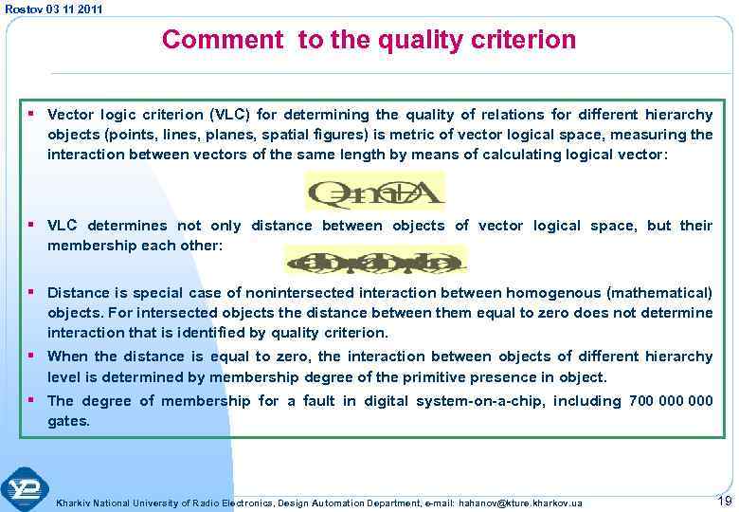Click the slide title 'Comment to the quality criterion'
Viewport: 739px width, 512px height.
pyautogui.click(x=369, y=40)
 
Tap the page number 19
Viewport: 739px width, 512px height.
pyautogui.click(x=725, y=500)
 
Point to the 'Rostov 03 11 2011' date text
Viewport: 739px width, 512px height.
pyautogui.click(x=54, y=9)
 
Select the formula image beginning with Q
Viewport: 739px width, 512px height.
pyautogui.click(x=373, y=192)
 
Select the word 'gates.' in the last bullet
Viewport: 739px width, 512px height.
pyautogui.click(x=69, y=420)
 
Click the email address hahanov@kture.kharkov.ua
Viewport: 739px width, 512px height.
pyautogui.click(x=520, y=503)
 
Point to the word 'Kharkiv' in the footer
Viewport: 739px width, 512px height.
pyautogui.click(x=73, y=503)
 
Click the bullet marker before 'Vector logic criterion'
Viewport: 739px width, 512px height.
pyautogui.click(x=34, y=115)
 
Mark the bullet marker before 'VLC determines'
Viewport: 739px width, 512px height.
pyautogui.click(x=34, y=225)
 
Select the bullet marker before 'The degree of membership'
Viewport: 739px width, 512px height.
pyautogui.click(x=34, y=400)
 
